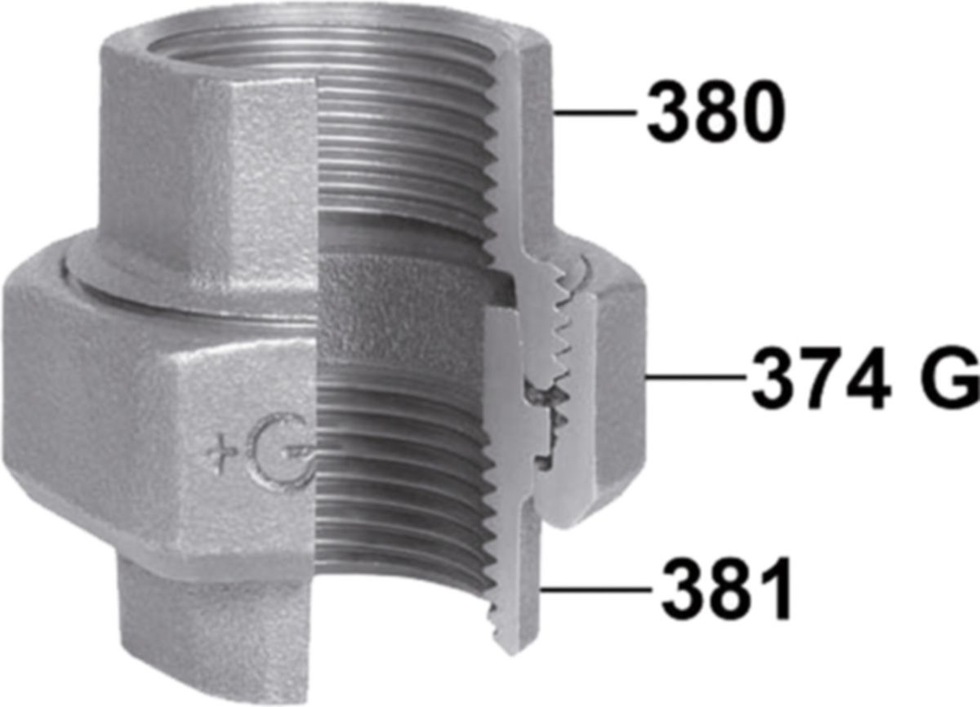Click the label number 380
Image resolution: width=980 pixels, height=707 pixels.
click(716, 112)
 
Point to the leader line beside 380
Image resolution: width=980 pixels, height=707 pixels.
click(595, 113)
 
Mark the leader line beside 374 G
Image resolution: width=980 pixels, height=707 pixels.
click(696, 376)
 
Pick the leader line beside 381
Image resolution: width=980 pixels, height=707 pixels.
click(596, 589)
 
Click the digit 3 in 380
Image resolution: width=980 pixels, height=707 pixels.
click(669, 112)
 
